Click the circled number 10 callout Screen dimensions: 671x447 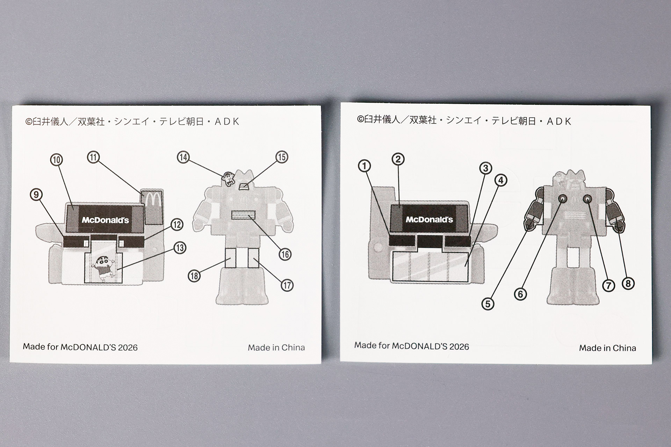coord(57,160)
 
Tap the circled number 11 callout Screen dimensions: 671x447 coord(93,157)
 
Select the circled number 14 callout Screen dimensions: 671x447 coord(183,157)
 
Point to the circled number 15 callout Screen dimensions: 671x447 coord(282,157)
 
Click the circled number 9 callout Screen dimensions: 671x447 coord(36,194)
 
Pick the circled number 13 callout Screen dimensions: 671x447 coord(180,248)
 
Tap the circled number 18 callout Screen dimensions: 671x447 coord(194,276)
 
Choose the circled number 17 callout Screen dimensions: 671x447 coord(287,285)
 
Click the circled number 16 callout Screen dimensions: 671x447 coord(285,254)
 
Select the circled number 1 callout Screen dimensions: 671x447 coord(365,166)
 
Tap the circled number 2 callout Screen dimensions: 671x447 coord(398,159)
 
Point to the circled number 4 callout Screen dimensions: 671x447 coord(501,181)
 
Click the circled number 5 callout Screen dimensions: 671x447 coord(488,304)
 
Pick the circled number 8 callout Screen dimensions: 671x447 coord(628,283)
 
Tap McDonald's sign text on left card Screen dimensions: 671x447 coord(105,220)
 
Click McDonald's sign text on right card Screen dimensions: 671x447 coord(429,220)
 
